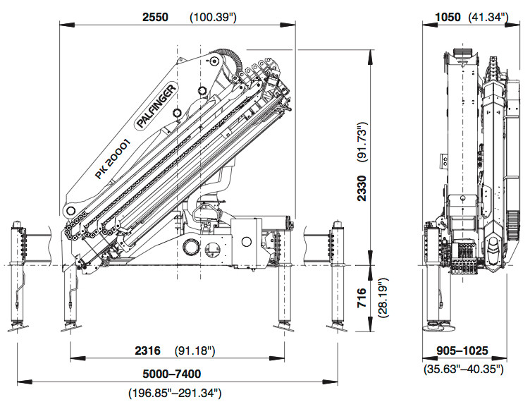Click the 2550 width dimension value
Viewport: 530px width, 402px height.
155,17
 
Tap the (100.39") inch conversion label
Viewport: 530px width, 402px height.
213,17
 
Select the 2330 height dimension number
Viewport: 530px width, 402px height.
362,188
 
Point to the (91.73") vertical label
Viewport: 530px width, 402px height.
362,142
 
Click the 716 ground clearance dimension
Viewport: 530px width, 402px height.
362,298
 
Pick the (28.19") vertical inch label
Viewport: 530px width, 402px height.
383,298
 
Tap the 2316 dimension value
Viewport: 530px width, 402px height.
148,351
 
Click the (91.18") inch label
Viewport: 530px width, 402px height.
195,351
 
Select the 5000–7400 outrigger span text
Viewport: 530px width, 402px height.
172,374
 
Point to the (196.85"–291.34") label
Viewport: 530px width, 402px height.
175,394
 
